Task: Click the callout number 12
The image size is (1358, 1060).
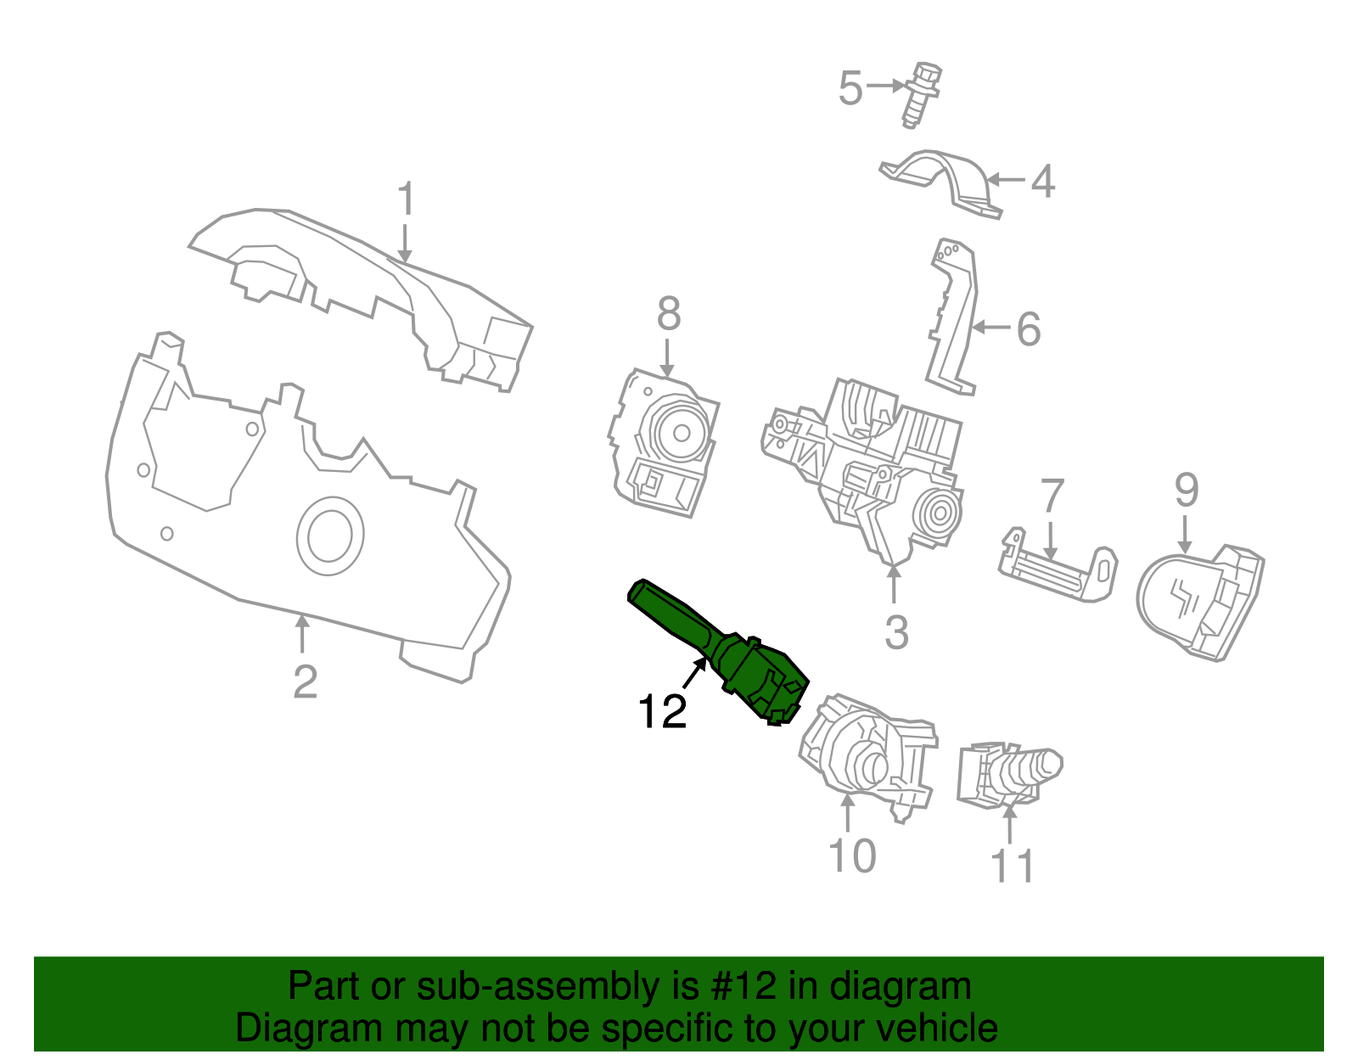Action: click(x=662, y=711)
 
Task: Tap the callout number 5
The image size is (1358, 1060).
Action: click(x=850, y=87)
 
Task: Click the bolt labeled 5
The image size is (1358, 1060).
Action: click(x=921, y=93)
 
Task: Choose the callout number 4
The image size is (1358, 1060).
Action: click(x=1043, y=181)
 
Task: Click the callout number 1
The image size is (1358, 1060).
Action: click(x=407, y=199)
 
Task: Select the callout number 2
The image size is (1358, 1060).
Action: click(x=305, y=681)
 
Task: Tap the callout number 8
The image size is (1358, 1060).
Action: click(x=669, y=314)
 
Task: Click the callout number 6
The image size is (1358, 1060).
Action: click(x=1029, y=328)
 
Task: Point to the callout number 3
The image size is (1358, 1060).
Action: click(x=896, y=632)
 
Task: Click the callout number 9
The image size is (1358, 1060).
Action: click(x=1187, y=490)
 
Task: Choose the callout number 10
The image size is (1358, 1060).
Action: click(x=851, y=855)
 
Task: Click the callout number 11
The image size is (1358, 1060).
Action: click(x=1012, y=866)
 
